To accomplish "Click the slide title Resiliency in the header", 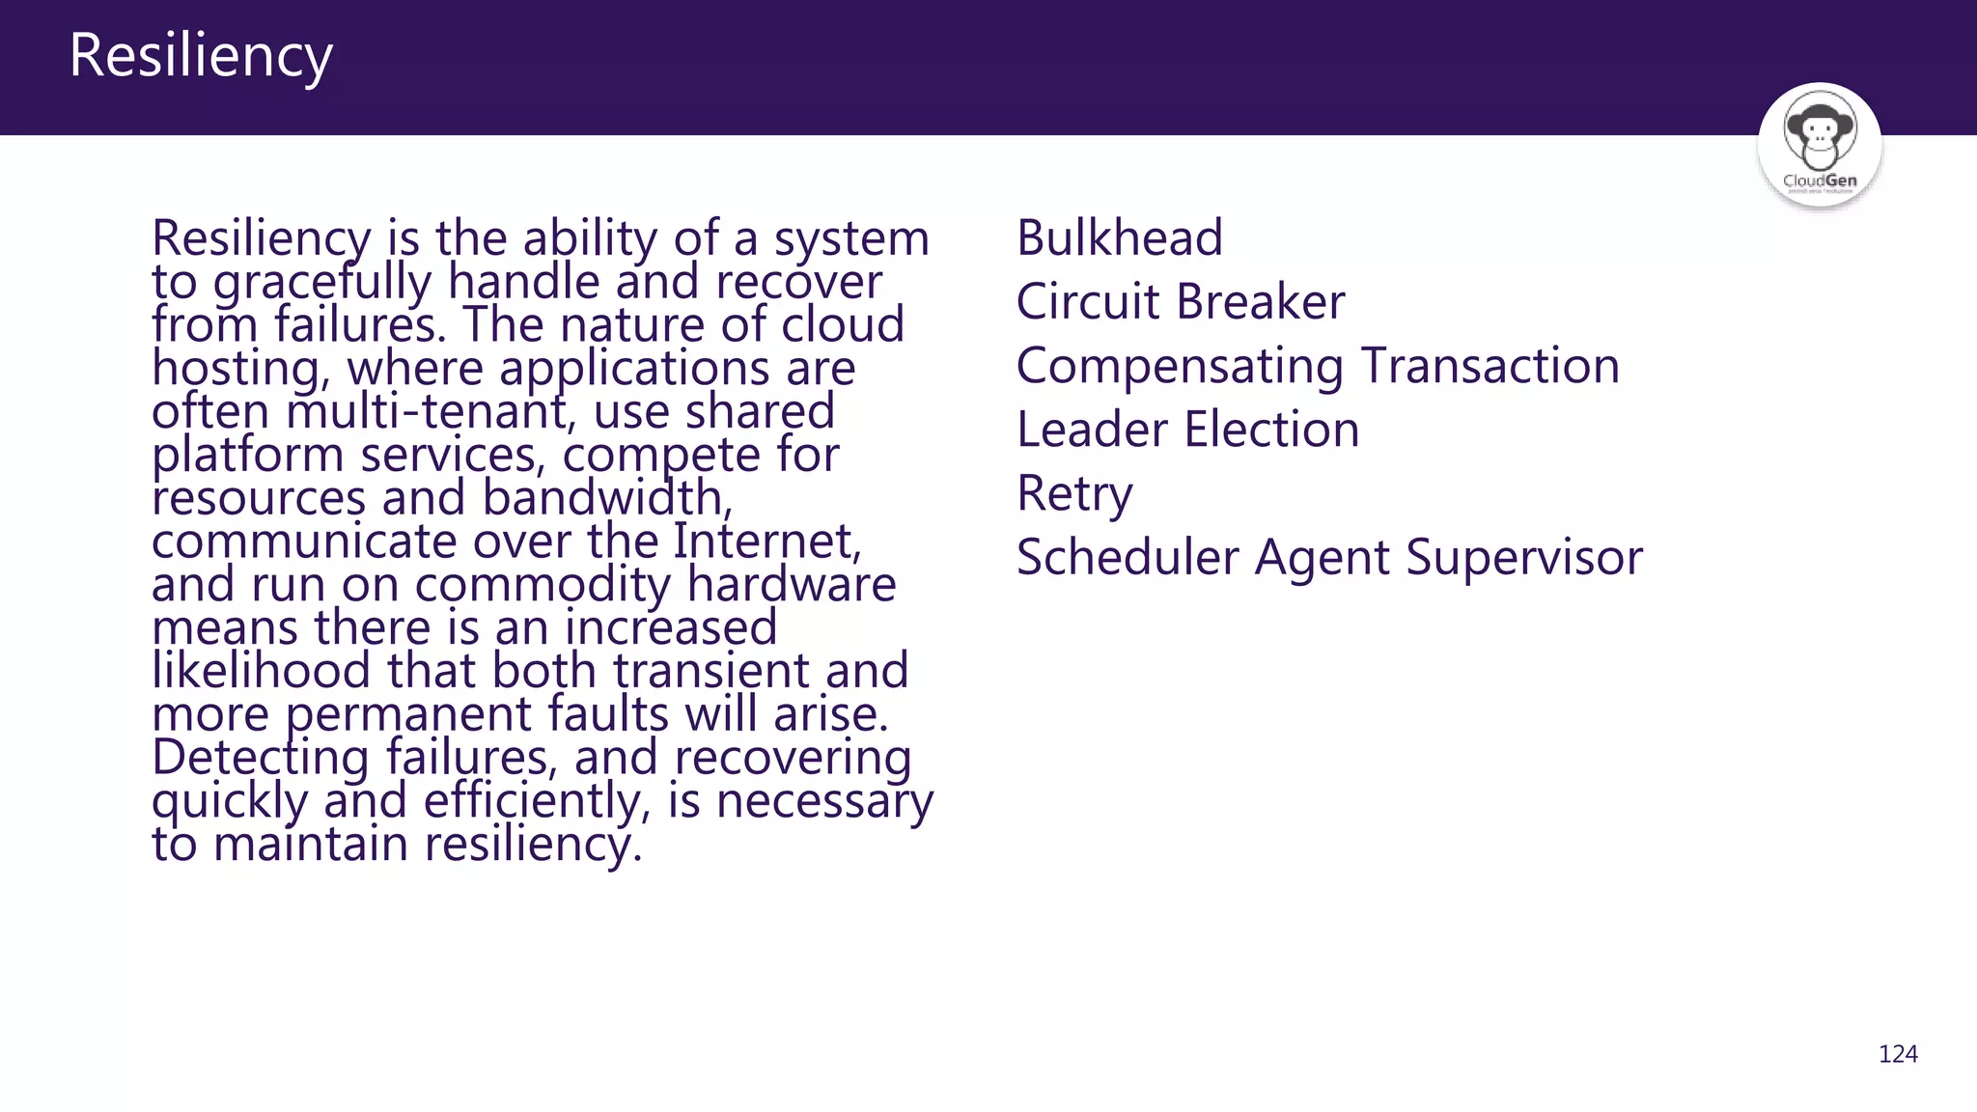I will (x=201, y=55).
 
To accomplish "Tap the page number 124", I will (x=1898, y=1054).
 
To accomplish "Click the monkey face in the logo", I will (x=1819, y=131).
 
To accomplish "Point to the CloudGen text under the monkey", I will (x=1820, y=181).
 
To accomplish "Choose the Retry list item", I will (x=1074, y=494).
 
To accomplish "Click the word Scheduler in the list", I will (x=1127, y=558).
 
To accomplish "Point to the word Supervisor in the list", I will (x=1524, y=558).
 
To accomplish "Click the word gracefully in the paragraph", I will (x=321, y=283).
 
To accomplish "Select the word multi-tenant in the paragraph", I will (x=426, y=412).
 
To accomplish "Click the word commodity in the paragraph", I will (x=543, y=586).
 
